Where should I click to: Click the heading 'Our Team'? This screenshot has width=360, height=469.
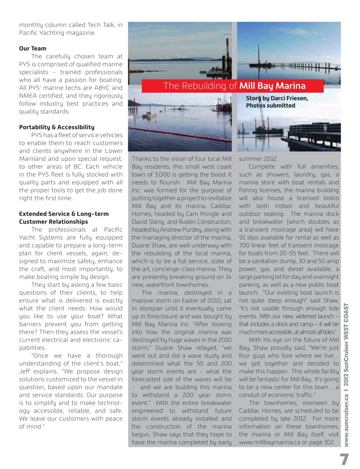point(33,48)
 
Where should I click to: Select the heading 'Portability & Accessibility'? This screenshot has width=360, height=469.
point(56,127)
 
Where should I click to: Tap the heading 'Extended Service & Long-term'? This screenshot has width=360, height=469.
point(64,214)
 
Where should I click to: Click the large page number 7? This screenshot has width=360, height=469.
point(344,459)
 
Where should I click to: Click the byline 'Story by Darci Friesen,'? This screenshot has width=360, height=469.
point(277,98)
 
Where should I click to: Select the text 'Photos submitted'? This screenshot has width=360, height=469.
point(270,106)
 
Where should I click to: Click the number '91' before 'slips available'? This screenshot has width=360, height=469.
point(242,237)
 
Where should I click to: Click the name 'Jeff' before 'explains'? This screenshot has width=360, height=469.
point(25,372)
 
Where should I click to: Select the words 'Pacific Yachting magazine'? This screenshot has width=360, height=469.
point(57,33)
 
